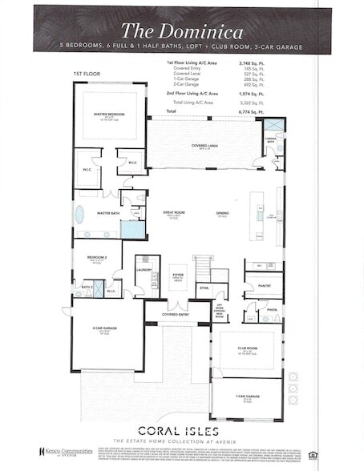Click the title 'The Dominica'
point(181,30)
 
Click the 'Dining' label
point(222,214)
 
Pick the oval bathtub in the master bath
point(79,214)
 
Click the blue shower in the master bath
point(131,228)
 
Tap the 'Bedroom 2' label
point(97,258)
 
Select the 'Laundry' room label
point(144,270)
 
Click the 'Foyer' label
point(178,275)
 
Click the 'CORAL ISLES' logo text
point(183,429)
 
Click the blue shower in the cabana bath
point(275,127)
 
